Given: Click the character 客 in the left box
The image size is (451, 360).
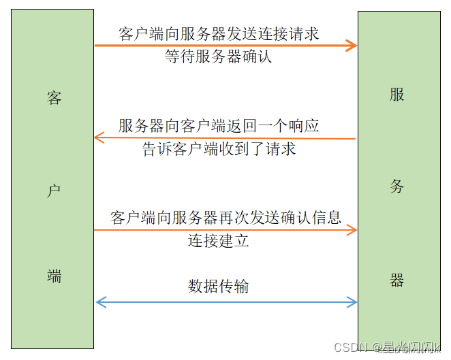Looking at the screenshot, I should [x=55, y=98].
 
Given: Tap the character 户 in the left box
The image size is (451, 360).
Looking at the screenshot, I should [x=55, y=191].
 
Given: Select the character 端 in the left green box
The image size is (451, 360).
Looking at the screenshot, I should [x=55, y=276].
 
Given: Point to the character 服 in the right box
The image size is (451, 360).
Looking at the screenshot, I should [x=397, y=95].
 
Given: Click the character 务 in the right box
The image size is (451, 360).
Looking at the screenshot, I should [x=397, y=186].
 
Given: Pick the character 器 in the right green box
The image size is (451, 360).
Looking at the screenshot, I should [x=397, y=280].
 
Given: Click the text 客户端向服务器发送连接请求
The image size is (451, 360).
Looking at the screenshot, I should [x=219, y=34].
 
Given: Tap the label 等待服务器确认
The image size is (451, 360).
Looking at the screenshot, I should [x=219, y=56].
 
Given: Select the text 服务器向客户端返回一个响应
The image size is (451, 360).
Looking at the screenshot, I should [x=219, y=126].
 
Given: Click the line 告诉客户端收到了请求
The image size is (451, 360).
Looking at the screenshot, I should [x=219, y=148].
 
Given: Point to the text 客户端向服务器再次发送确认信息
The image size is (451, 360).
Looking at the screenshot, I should [x=226, y=218].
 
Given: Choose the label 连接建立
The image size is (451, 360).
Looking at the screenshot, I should [x=219, y=241].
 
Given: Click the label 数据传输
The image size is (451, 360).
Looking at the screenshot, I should [x=219, y=287].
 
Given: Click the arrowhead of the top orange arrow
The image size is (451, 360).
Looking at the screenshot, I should [x=352, y=46].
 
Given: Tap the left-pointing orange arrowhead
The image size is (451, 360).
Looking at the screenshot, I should [x=99, y=138].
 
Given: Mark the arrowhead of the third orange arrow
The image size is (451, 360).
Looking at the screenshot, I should [x=352, y=231].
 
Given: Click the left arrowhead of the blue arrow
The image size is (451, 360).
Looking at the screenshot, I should [x=100, y=301].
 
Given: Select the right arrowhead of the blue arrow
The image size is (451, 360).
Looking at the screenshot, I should [x=352, y=301].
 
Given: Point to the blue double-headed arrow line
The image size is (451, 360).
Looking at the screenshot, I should [x=225, y=301].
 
